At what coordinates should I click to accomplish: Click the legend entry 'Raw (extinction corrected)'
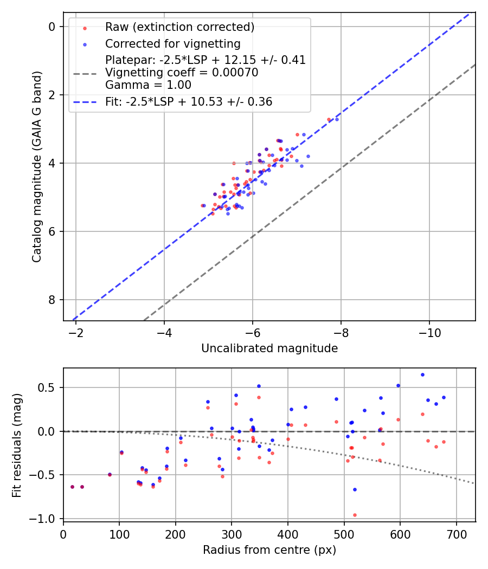[x=179, y=27]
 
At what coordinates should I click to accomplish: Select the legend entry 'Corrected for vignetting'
[x=172, y=43]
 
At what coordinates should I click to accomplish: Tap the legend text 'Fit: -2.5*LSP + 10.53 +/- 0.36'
[x=189, y=101]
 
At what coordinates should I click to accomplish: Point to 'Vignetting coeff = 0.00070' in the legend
[x=182, y=72]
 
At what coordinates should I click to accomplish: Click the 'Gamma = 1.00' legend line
[x=148, y=85]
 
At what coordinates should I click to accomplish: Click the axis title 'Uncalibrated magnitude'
[x=269, y=348]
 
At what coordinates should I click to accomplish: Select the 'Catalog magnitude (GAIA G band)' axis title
[x=37, y=170]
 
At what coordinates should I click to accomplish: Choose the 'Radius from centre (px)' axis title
[x=269, y=550]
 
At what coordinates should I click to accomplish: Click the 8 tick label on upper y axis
[x=52, y=300]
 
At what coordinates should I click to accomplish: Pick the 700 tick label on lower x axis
[x=456, y=533]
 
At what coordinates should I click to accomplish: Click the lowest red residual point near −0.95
[x=355, y=515]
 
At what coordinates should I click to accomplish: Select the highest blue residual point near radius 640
[x=422, y=374]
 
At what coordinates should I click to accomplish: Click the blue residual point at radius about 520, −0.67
[x=355, y=489]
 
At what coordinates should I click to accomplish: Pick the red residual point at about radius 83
[x=110, y=475]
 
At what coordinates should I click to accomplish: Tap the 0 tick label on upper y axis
[x=52, y=27]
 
